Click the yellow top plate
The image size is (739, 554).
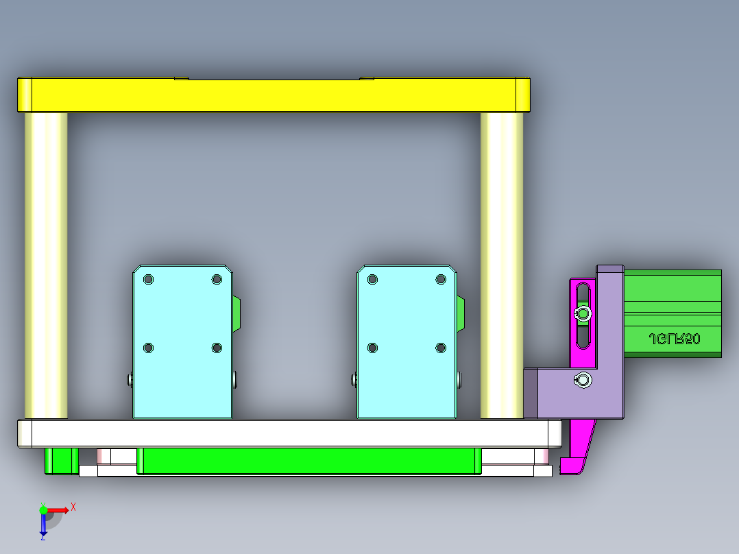point(274,95)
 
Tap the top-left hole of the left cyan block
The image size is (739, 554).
point(149,280)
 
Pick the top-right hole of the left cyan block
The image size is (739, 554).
point(217,279)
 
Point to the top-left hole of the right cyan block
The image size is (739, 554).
point(373,279)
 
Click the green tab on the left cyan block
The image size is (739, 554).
point(237,315)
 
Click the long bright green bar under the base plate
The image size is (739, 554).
point(308,460)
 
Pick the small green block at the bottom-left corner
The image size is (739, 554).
point(60,460)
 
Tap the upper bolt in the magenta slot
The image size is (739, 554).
point(583,314)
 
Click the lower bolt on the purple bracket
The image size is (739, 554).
point(583,379)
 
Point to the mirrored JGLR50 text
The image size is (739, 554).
point(674,339)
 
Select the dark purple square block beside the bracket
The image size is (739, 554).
point(531,393)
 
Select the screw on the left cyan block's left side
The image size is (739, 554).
point(130,378)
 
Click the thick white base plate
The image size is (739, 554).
point(288,433)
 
